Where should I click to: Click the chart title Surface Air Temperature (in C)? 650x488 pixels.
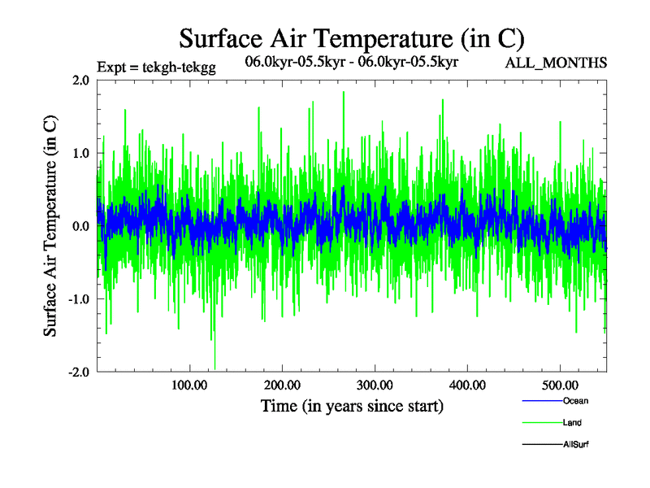coord(352,38)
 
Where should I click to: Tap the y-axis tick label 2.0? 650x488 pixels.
coord(80,80)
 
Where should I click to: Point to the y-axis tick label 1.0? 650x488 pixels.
coord(80,153)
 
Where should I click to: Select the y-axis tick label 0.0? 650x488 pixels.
coord(80,226)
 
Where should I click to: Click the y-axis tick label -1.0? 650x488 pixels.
coord(77,299)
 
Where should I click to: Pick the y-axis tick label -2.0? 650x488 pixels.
coord(77,373)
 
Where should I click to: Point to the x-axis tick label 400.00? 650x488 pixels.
coord(467,385)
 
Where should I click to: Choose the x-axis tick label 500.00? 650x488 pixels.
coord(560,385)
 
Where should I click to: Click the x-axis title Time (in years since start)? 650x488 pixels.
coord(352,406)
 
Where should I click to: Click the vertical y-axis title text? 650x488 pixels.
coord(50,226)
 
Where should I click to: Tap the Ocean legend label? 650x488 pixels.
coord(574,401)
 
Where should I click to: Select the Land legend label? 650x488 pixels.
coord(572,423)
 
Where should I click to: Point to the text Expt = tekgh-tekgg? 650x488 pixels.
coord(155,68)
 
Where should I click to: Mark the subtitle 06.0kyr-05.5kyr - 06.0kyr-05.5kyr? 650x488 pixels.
coord(352,62)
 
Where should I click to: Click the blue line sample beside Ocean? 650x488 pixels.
coord(541,401)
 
